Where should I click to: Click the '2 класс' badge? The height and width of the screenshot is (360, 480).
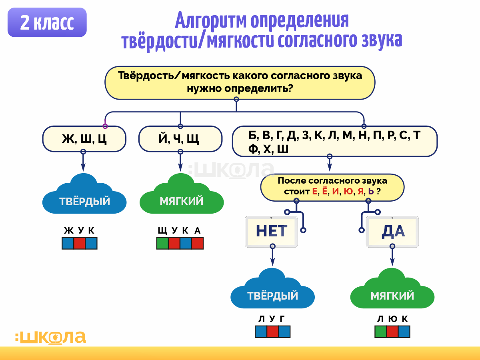tap(47, 22)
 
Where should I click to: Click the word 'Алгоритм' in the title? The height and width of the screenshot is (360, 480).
tap(211, 21)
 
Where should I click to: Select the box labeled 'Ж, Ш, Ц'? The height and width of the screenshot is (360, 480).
tap(84, 139)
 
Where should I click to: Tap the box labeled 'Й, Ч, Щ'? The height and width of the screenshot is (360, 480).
tap(180, 139)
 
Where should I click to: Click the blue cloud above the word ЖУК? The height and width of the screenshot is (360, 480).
tap(84, 196)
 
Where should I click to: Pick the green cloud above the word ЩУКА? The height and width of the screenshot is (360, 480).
tap(181, 196)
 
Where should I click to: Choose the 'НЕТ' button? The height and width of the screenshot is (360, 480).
tap(271, 232)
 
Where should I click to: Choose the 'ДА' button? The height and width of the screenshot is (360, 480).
tap(392, 232)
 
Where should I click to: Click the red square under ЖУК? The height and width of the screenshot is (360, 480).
tap(80, 243)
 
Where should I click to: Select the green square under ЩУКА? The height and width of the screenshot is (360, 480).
tap(162, 243)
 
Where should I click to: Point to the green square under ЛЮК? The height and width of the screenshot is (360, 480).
tap(381, 332)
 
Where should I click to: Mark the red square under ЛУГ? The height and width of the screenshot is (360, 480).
tap(272, 332)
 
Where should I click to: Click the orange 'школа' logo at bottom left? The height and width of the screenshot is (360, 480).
tap(51, 337)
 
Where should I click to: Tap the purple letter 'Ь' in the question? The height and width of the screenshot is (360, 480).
tap(371, 192)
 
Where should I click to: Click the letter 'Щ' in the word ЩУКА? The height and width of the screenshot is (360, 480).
tap(162, 230)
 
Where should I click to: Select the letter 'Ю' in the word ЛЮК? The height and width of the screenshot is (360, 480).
tap(392, 319)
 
